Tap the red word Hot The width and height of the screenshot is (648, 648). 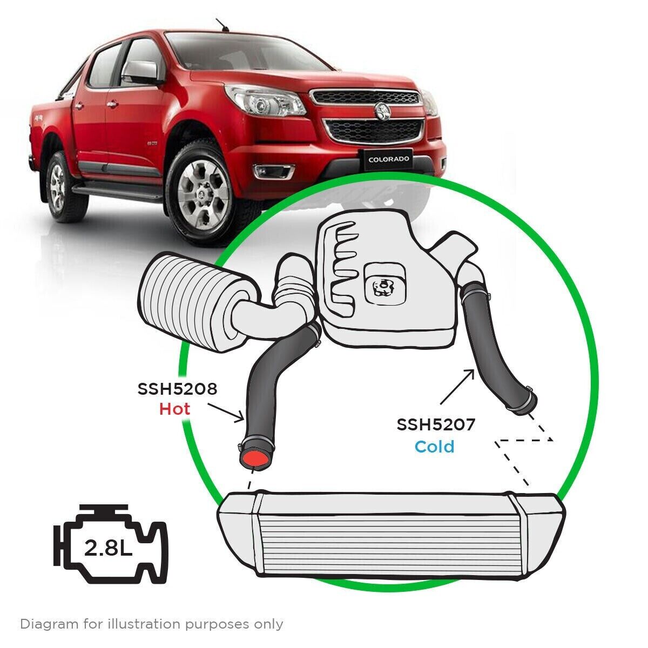[x=174, y=409]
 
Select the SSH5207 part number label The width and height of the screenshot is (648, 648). [x=436, y=425]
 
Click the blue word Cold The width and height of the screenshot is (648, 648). [x=434, y=447]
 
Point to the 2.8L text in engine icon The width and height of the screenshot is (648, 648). [x=108, y=550]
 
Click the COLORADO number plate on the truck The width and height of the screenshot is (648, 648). [x=389, y=159]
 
